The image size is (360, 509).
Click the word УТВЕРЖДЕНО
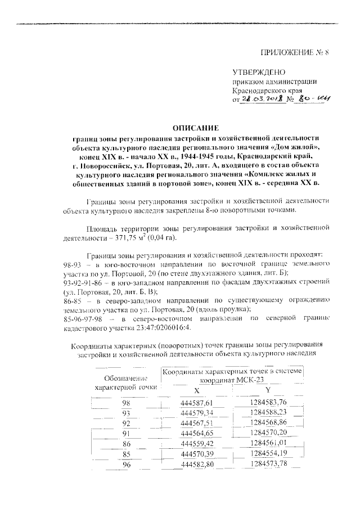(259, 71)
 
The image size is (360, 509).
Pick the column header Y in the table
(268, 390)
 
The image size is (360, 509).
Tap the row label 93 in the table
(126, 413)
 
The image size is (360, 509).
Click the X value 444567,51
(195, 423)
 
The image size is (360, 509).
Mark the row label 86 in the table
(126, 444)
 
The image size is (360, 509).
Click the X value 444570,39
(195, 454)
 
